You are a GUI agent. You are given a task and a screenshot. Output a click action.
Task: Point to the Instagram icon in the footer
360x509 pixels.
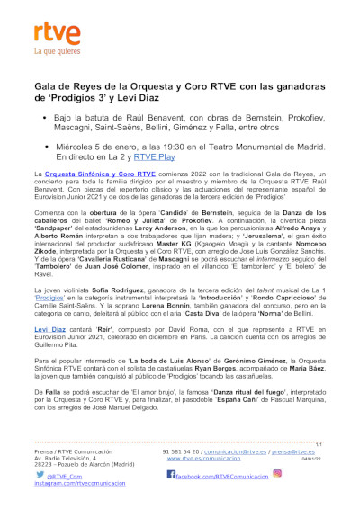[277, 472]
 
